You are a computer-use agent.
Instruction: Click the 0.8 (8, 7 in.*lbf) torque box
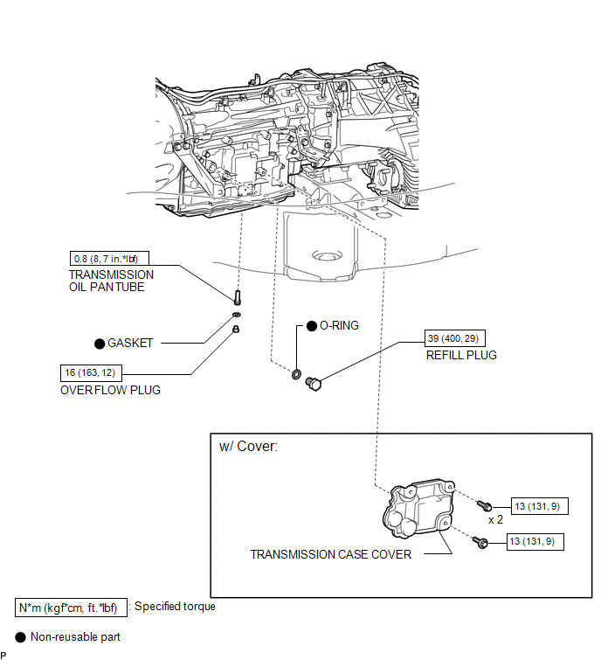[109, 259]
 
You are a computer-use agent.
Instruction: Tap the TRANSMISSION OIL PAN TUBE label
[112, 281]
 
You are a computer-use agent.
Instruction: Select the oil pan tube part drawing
[238, 297]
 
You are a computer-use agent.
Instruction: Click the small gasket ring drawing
[237, 315]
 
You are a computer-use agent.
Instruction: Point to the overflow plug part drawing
[236, 329]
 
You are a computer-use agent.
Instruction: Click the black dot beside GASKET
[100, 344]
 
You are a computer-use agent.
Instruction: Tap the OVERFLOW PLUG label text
[111, 390]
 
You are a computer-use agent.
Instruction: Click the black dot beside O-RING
[312, 326]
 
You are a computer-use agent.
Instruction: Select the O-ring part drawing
[296, 374]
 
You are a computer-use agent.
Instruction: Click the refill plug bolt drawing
[313, 384]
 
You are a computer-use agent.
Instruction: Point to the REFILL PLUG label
[461, 355]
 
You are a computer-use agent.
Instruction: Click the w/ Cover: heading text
[249, 446]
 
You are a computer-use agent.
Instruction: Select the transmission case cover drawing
[418, 509]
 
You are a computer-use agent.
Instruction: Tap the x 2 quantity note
[495, 520]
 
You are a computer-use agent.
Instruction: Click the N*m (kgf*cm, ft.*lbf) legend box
[71, 608]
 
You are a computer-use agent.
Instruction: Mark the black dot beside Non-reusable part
[21, 637]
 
